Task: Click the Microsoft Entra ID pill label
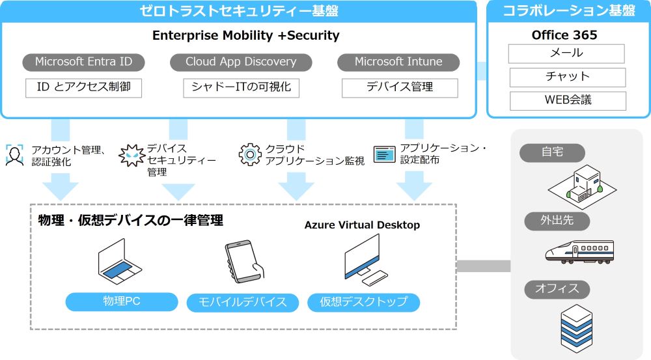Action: pyautogui.click(x=83, y=62)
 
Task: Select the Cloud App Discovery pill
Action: pyautogui.click(x=241, y=62)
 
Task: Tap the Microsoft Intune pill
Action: pyautogui.click(x=398, y=62)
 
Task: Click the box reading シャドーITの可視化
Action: pyautogui.click(x=241, y=87)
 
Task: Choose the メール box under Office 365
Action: pyautogui.click(x=566, y=53)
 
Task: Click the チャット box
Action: pyautogui.click(x=567, y=77)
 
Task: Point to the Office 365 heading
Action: pyautogui.click(x=564, y=35)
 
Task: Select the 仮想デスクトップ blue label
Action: pyautogui.click(x=363, y=302)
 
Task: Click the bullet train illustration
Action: pyautogui.click(x=579, y=251)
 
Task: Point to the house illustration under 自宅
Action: pyautogui.click(x=581, y=184)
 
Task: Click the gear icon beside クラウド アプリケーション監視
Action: pyautogui.click(x=250, y=154)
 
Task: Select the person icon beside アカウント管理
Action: pyautogui.click(x=15, y=156)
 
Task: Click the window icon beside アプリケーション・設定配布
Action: pyautogui.click(x=385, y=154)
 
